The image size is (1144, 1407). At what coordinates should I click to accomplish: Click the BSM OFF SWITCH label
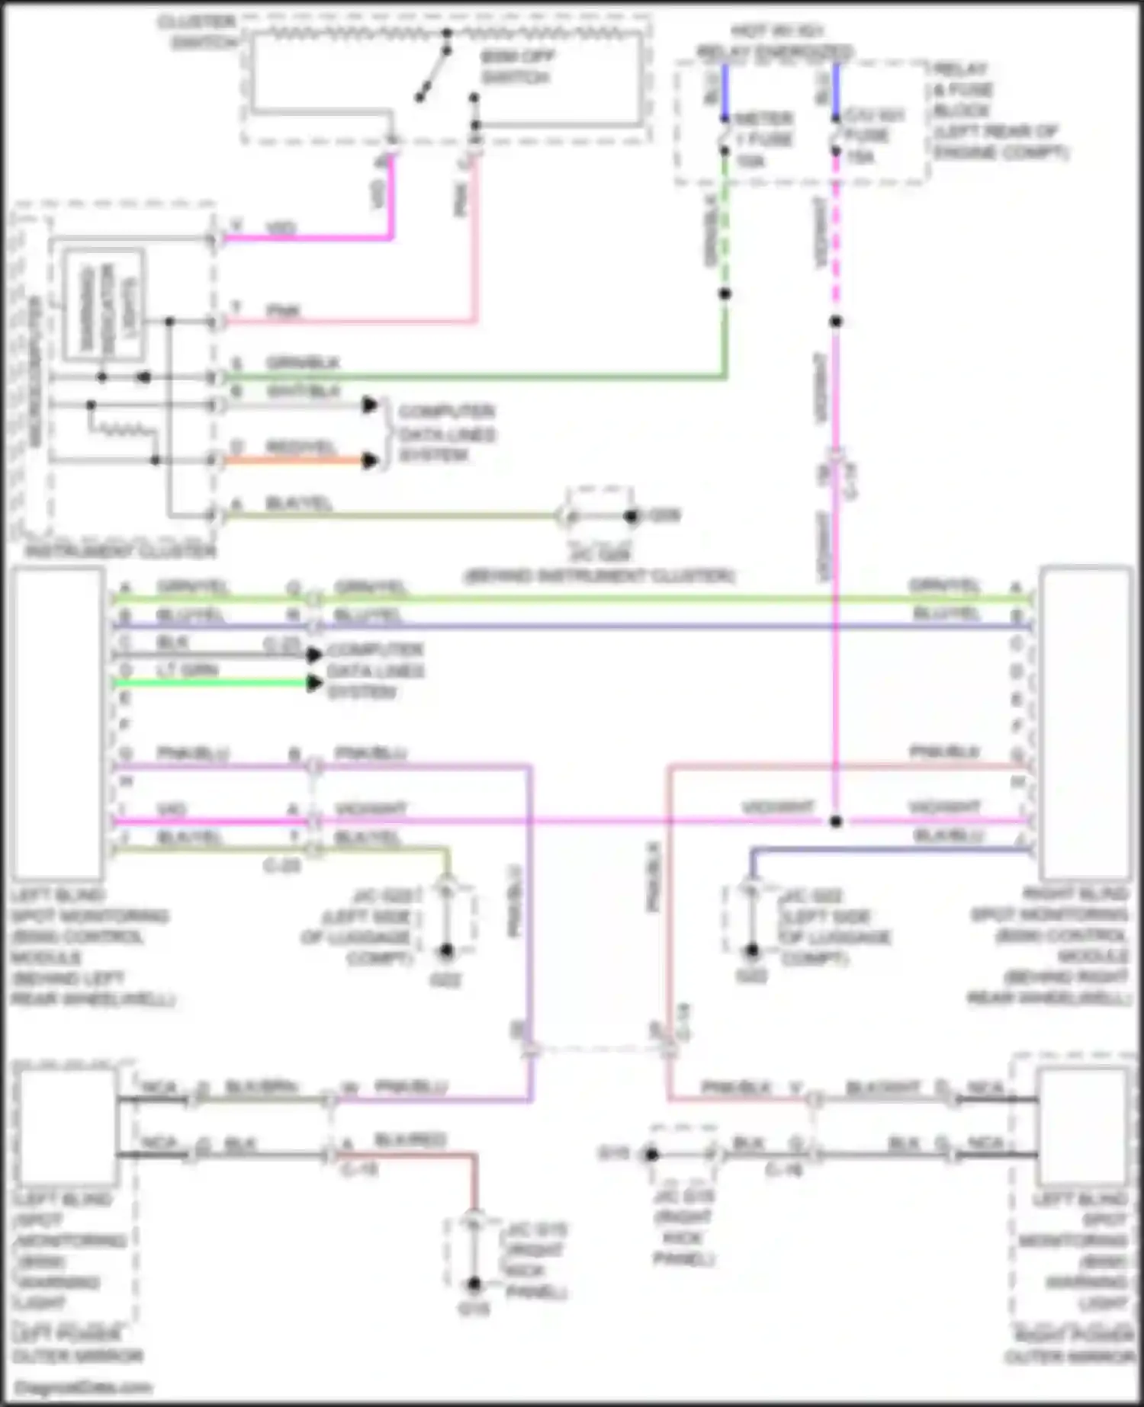click(516, 67)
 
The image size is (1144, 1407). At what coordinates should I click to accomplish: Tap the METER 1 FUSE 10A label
click(763, 139)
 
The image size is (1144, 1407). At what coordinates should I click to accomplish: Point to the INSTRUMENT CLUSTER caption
click(121, 550)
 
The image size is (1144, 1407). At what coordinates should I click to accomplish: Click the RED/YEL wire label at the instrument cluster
click(300, 447)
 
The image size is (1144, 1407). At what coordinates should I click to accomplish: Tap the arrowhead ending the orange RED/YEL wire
click(370, 460)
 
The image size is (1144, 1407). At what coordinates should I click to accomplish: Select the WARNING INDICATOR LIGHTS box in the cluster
click(104, 305)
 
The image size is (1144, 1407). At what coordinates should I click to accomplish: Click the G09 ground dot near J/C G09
click(631, 517)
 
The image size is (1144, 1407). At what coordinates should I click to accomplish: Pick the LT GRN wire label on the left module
click(188, 670)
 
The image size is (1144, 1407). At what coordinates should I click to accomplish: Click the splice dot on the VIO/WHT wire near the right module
click(836, 822)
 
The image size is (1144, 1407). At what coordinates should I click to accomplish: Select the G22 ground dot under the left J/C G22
click(446, 951)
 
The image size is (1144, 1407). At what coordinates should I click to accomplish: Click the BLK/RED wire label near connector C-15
click(410, 1140)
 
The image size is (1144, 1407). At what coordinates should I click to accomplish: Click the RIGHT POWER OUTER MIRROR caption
click(1071, 1345)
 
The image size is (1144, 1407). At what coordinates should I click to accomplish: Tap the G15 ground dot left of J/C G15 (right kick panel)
click(651, 1155)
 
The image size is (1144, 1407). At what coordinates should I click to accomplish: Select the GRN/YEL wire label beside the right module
click(944, 585)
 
